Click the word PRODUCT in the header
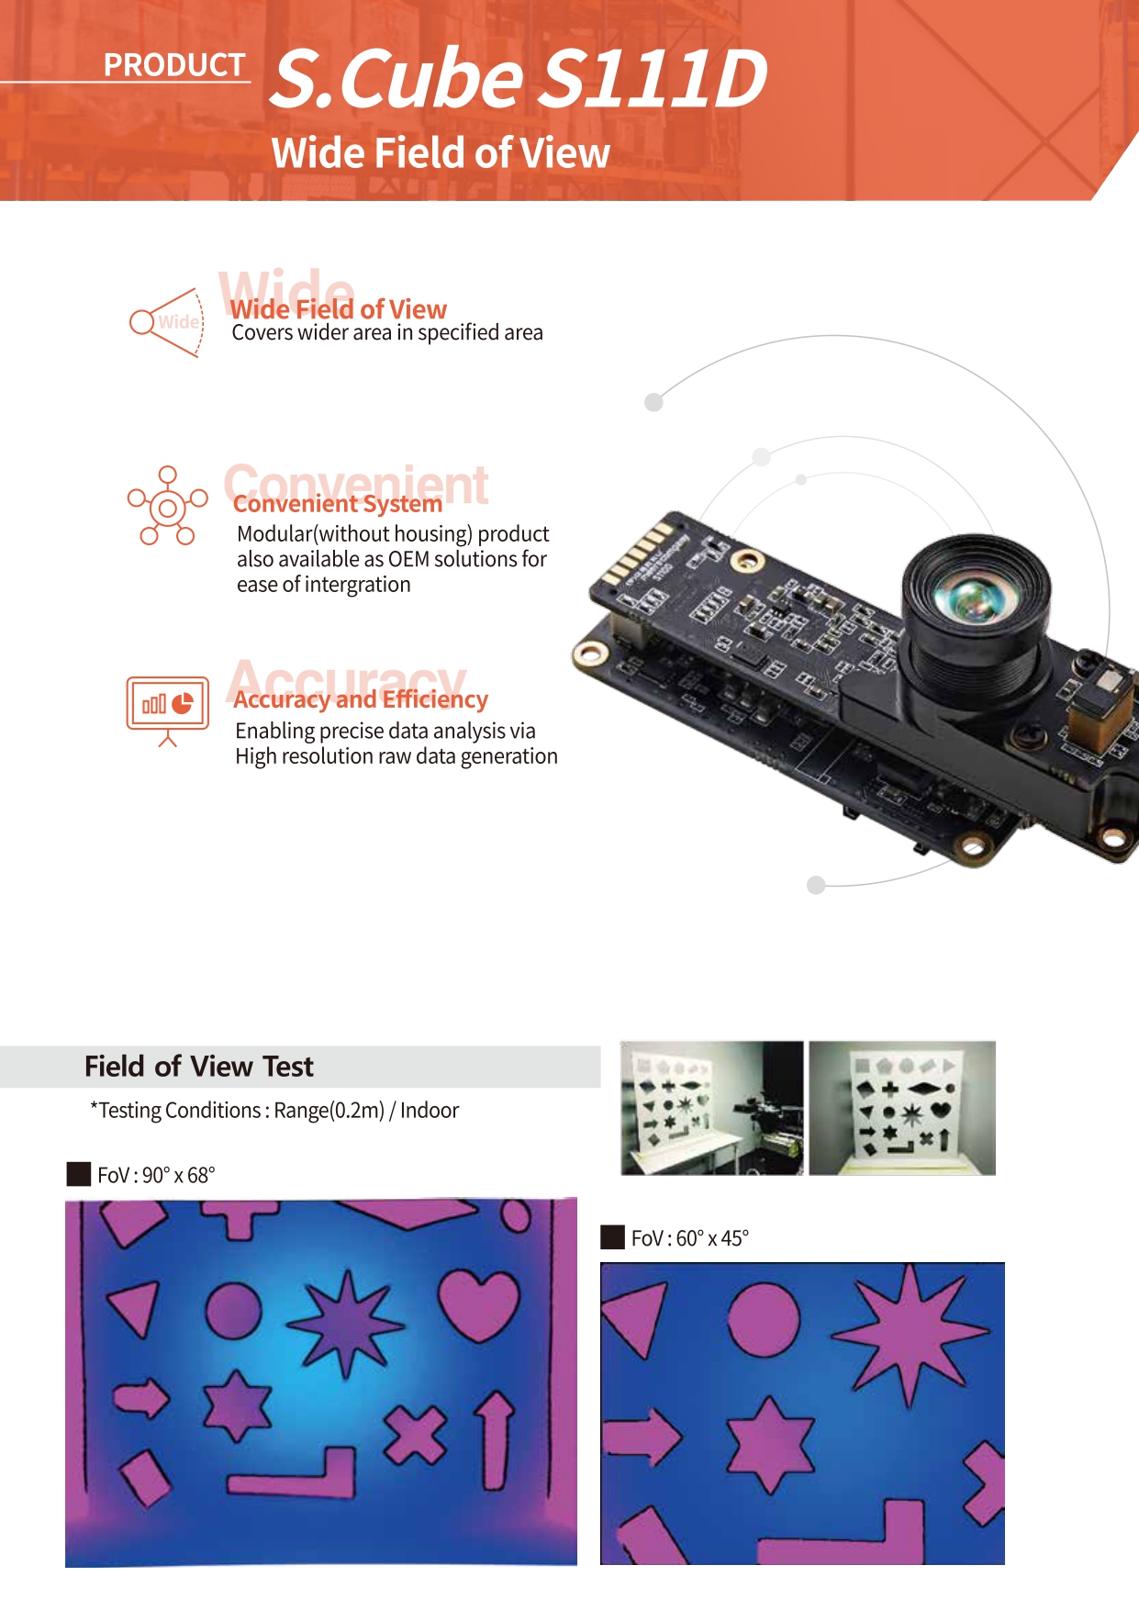click(174, 65)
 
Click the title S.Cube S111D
click(519, 79)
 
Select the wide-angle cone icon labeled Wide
click(166, 322)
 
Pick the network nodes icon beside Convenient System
click(167, 506)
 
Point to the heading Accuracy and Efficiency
click(361, 700)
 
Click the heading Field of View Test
click(199, 1067)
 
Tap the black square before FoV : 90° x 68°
click(79, 1174)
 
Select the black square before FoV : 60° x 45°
click(612, 1237)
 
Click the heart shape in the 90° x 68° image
click(479, 1304)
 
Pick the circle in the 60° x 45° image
click(764, 1319)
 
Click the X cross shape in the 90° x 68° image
click(416, 1435)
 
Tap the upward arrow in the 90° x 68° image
click(496, 1441)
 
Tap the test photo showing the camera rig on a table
click(712, 1108)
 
